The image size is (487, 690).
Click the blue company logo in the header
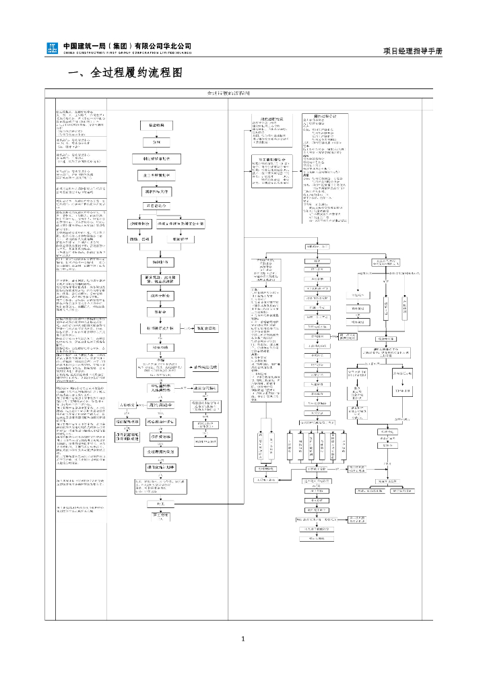coord(52,49)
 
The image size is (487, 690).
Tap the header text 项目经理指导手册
coord(413,51)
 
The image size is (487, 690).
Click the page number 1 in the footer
coord(243,639)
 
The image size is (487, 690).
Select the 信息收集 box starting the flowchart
coord(156,126)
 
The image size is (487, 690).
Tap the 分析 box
coord(156,143)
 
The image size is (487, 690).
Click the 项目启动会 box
coord(156,205)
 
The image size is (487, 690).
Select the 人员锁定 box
coord(127,405)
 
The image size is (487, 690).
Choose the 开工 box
coord(162,503)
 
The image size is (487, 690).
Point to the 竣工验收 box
coord(162,517)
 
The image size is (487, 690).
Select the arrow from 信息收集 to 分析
coord(156,135)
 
